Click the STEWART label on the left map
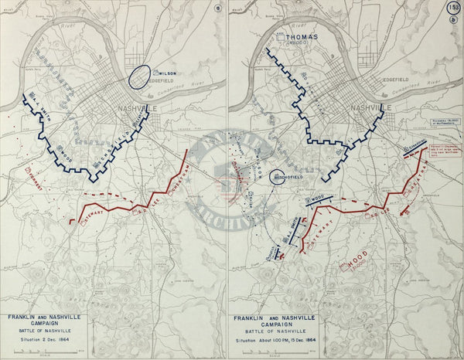(96, 219)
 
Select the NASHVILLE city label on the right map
(369, 107)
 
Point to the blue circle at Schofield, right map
(278, 178)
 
